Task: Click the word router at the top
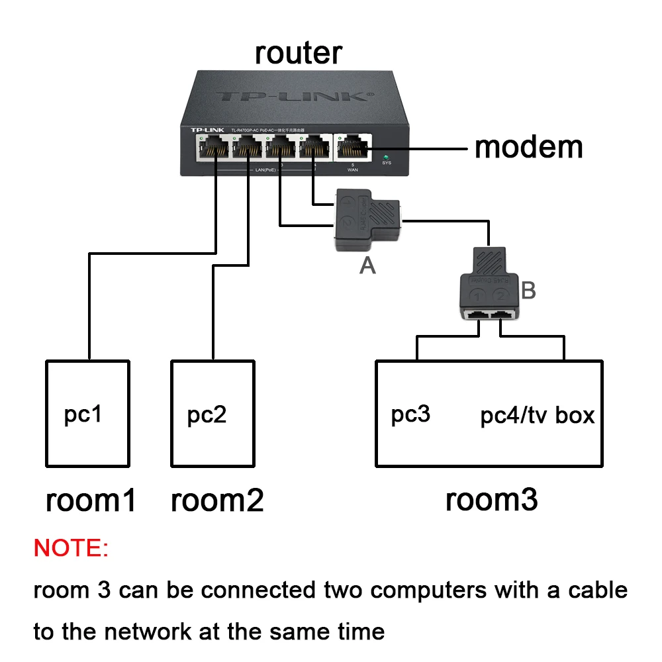click(299, 53)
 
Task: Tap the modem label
click(528, 147)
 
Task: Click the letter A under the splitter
click(367, 265)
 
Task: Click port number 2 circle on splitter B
click(501, 295)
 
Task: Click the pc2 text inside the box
click(207, 415)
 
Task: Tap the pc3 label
click(410, 414)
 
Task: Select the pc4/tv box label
click(537, 416)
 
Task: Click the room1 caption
click(91, 500)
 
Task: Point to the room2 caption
click(217, 500)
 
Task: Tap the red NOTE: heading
click(71, 548)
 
